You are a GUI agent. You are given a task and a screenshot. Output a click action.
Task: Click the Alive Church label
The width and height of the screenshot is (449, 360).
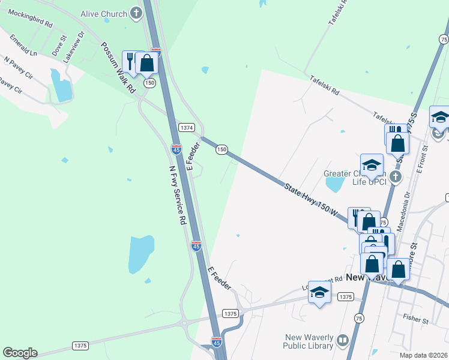click(104, 13)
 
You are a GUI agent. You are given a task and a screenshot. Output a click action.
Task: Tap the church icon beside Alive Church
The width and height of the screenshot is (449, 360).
click(136, 13)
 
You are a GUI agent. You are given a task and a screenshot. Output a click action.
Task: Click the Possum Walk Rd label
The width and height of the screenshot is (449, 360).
click(118, 67)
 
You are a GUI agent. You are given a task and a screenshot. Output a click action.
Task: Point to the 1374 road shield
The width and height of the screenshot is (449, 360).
click(186, 127)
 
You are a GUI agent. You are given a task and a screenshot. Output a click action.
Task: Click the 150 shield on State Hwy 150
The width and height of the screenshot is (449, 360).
click(221, 149)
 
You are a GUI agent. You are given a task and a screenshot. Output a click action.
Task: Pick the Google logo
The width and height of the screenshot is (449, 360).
click(20, 353)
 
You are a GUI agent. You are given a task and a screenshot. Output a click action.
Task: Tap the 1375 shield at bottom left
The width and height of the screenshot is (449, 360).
click(80, 346)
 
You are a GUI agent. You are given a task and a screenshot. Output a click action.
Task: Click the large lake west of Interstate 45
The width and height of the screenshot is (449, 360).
click(141, 254)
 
